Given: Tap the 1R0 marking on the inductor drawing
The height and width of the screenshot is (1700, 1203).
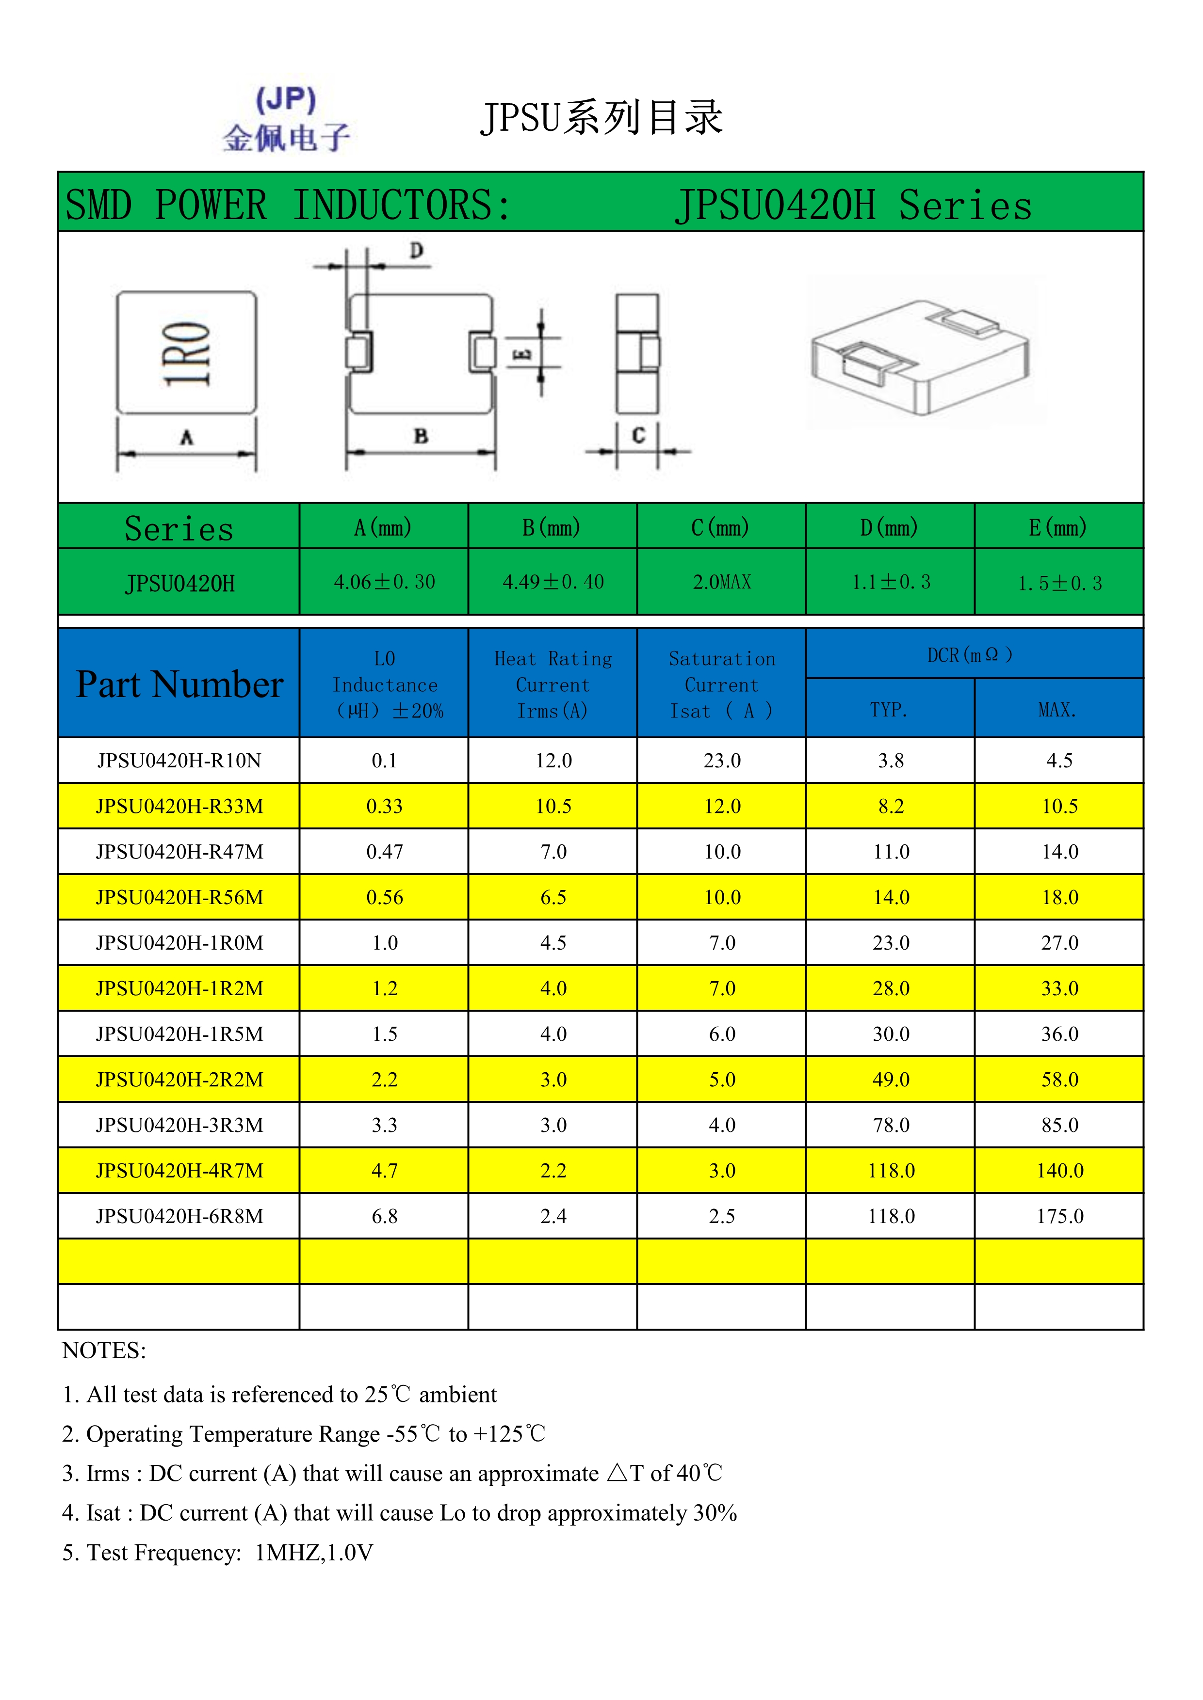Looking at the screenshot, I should tap(187, 353).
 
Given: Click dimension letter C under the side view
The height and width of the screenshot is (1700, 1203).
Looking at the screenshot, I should tap(638, 435).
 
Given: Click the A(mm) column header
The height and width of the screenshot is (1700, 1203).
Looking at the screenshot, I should tap(383, 527).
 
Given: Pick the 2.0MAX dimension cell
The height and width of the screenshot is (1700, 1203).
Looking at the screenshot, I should tap(721, 582).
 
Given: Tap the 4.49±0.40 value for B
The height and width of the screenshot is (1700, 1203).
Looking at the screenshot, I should tap(553, 582).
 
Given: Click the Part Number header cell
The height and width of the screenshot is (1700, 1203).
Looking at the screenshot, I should tap(179, 684).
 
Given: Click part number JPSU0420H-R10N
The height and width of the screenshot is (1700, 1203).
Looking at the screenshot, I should tap(179, 761).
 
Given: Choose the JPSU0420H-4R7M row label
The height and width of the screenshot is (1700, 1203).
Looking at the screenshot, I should tap(179, 1171).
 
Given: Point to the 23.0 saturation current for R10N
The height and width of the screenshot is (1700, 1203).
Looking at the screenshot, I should tap(721, 761).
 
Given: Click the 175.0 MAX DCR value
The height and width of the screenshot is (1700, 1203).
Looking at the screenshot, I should tap(1059, 1216).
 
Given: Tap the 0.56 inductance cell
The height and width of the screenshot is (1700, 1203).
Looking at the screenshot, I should tap(385, 897).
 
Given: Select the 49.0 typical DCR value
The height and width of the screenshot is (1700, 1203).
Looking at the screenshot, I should tap(891, 1080).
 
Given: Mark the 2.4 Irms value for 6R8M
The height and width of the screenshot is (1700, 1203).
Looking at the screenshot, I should tap(553, 1216).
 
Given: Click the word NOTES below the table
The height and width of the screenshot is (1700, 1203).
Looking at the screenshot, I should tap(104, 1350).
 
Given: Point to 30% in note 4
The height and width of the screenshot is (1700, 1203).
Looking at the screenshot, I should tap(715, 1513).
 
